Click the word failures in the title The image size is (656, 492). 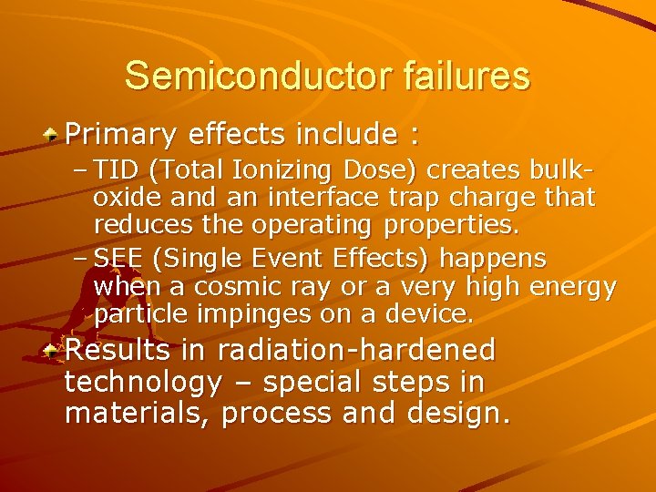[465, 76]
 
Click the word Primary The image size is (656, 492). [122, 136]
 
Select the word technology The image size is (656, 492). [143, 382]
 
